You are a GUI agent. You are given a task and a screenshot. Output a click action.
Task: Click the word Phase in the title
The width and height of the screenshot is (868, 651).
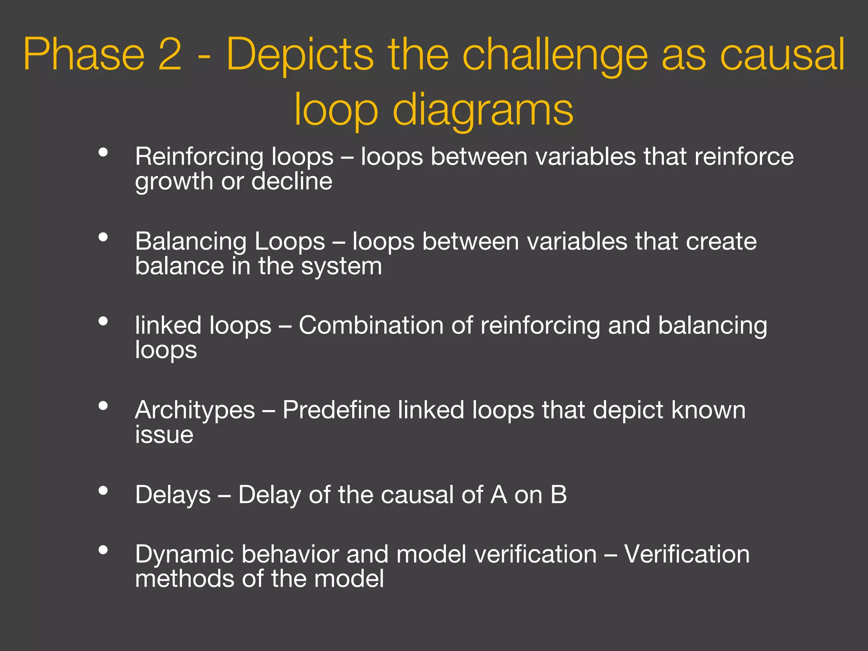(84, 54)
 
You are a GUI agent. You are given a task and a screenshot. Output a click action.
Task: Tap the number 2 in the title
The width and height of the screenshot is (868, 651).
(170, 54)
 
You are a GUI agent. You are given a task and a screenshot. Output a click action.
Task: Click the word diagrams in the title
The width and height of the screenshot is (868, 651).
(483, 110)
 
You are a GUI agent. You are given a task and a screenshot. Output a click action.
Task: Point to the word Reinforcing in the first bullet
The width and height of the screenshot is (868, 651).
(199, 157)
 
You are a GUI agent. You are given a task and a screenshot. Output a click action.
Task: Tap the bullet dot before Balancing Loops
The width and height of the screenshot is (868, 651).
(103, 237)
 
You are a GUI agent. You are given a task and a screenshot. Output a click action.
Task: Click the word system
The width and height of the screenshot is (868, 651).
(341, 267)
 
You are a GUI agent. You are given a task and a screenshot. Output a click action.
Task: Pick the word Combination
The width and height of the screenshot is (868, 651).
(371, 325)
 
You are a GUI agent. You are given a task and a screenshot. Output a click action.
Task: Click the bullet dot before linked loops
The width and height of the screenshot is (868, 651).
(103, 321)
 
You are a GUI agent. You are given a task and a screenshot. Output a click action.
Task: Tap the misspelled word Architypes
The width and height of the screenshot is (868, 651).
(195, 410)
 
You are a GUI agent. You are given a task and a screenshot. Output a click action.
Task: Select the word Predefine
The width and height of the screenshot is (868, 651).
(336, 410)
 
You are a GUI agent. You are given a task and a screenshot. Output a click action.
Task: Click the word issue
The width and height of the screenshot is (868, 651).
(164, 435)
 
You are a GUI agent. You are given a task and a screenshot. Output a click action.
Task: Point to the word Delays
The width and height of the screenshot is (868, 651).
(173, 495)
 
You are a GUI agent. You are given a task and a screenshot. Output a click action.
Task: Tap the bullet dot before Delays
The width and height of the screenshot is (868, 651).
(103, 490)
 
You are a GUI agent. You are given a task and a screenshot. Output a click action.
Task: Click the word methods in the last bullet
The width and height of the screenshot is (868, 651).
(185, 579)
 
